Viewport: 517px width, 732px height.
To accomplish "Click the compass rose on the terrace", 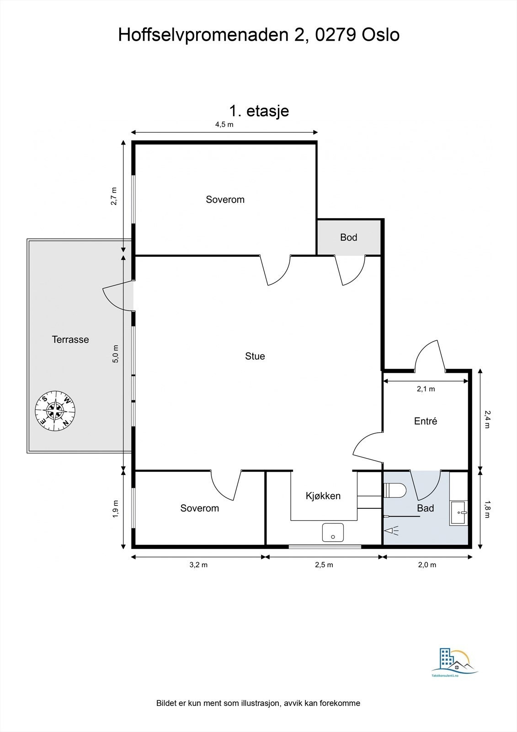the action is [55, 410].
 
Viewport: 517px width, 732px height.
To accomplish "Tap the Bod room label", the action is [348, 237].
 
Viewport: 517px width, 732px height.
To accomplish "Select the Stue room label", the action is [255, 356].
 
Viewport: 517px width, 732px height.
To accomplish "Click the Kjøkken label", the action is [323, 496].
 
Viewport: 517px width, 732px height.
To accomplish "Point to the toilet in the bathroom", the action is [395, 490].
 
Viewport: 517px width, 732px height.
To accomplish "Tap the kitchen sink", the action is [333, 533].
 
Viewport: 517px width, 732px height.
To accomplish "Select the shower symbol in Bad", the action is [392, 530].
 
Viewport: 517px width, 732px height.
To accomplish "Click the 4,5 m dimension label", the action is [224, 124].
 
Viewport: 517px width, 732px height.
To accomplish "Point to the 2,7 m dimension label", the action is [114, 196].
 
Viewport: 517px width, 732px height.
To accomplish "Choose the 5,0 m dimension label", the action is [116, 354].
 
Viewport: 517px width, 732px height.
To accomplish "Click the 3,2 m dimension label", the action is [198, 565].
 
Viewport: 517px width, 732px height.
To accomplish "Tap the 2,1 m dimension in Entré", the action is [426, 389].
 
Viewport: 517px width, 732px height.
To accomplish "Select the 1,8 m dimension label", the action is [487, 509].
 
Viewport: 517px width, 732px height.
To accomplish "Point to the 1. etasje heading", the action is [259, 111].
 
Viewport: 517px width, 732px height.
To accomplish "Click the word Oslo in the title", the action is [380, 35].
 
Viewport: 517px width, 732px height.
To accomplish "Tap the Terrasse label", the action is [70, 339].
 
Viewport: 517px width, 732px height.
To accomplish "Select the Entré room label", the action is [425, 421].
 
